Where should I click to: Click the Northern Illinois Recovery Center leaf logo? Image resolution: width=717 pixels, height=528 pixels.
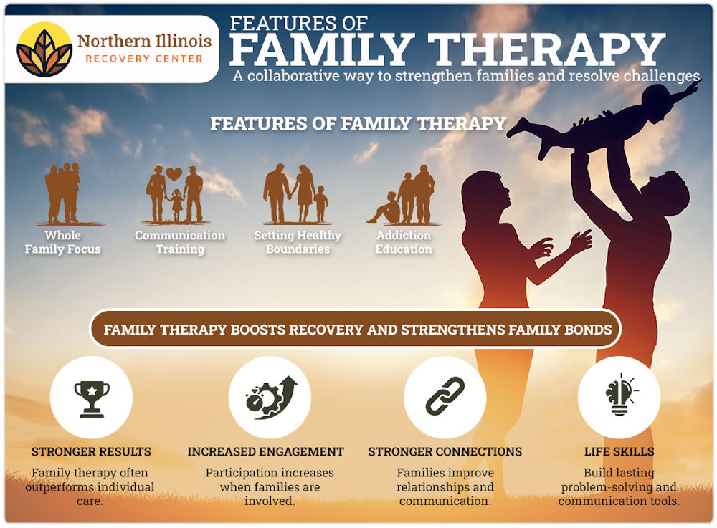click(x=44, y=49)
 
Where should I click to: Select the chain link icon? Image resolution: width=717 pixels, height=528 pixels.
click(x=445, y=397)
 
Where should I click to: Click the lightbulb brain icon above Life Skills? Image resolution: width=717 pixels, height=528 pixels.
click(x=619, y=397)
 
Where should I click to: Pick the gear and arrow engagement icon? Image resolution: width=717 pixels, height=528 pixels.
click(x=269, y=397)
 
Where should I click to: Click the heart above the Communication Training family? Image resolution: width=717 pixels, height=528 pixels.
click(x=174, y=174)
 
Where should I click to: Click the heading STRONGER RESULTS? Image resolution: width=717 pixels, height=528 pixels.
click(x=91, y=452)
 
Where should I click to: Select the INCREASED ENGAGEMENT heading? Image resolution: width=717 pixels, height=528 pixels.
click(x=265, y=452)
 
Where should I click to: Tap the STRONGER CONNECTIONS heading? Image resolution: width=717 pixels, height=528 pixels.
click(x=445, y=452)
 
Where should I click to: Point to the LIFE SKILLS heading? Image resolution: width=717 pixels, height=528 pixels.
click(x=619, y=452)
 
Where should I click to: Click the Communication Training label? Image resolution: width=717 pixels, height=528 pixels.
click(x=180, y=242)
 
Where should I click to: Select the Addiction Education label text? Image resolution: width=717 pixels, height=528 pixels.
click(x=404, y=242)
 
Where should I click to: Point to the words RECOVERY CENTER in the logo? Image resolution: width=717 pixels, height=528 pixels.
click(x=144, y=59)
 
